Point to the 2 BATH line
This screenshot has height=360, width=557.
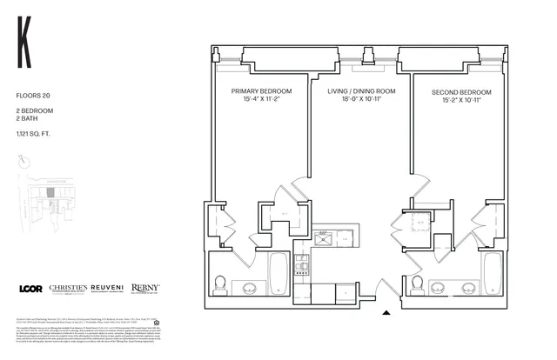[27, 121]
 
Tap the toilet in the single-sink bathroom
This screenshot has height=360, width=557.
[417, 284]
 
